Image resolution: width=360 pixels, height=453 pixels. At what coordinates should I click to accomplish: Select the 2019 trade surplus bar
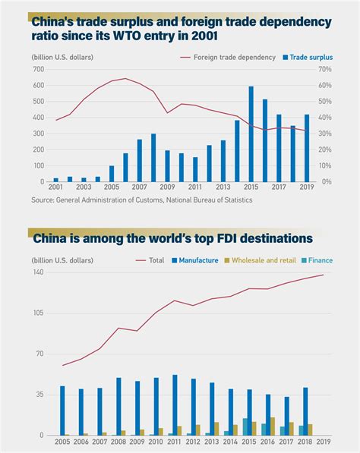(306, 149)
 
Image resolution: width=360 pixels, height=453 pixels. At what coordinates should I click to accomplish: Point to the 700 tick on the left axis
(39, 69)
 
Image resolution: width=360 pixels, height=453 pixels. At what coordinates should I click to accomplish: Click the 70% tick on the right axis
(325, 69)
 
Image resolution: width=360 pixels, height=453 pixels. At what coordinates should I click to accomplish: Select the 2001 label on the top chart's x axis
(55, 186)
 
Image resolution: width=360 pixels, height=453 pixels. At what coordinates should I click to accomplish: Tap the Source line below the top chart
(141, 200)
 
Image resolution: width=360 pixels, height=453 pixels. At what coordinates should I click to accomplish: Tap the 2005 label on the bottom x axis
(62, 441)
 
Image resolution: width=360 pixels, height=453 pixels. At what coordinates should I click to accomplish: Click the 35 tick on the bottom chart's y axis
(39, 395)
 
